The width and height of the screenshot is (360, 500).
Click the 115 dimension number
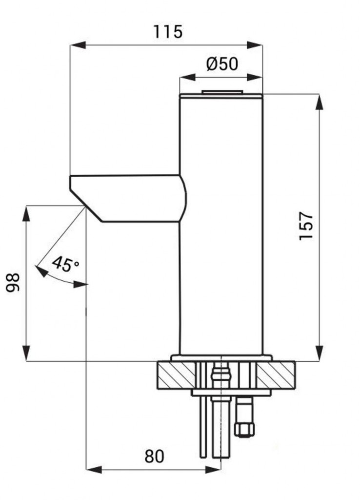click(x=168, y=31)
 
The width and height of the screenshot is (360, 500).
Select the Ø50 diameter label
click(x=222, y=63)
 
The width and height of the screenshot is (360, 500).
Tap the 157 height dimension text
click(x=306, y=226)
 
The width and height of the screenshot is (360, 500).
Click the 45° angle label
click(x=66, y=264)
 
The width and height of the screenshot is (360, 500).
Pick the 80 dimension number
click(x=154, y=456)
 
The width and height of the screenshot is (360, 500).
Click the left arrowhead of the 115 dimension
click(x=78, y=45)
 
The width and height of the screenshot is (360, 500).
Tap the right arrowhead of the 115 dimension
click(x=255, y=45)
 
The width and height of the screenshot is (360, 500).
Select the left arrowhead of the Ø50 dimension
click(x=188, y=78)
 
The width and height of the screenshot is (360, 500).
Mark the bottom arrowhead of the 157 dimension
click(x=319, y=353)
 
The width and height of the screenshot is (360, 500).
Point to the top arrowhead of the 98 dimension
click(x=27, y=214)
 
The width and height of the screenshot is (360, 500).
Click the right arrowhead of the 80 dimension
click(x=213, y=469)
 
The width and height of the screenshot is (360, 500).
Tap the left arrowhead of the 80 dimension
click(x=94, y=469)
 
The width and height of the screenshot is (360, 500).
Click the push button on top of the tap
click(x=221, y=92)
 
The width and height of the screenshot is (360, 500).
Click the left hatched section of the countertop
click(x=176, y=375)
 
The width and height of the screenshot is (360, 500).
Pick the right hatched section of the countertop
click(x=276, y=375)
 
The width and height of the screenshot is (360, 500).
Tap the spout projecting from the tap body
click(x=127, y=198)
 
